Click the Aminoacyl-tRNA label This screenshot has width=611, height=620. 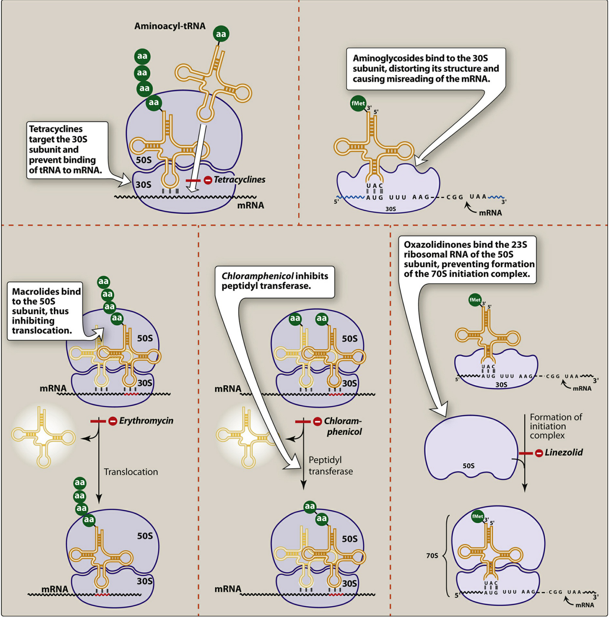click(170, 26)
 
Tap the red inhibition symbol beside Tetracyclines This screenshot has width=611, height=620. click(208, 180)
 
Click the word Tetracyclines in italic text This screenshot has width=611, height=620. click(240, 180)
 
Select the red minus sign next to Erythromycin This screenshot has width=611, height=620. click(113, 421)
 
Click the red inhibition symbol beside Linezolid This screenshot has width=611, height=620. click(539, 454)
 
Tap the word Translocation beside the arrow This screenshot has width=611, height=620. click(131, 472)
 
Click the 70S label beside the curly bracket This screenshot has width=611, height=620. click(432, 556)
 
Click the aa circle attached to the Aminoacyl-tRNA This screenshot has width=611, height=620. click(221, 34)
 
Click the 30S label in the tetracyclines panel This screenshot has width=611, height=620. click(143, 185)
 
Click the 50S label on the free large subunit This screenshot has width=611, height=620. click(469, 466)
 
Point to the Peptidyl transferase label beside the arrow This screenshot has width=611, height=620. click(330, 466)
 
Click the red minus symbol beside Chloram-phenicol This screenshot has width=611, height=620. click(317, 422)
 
